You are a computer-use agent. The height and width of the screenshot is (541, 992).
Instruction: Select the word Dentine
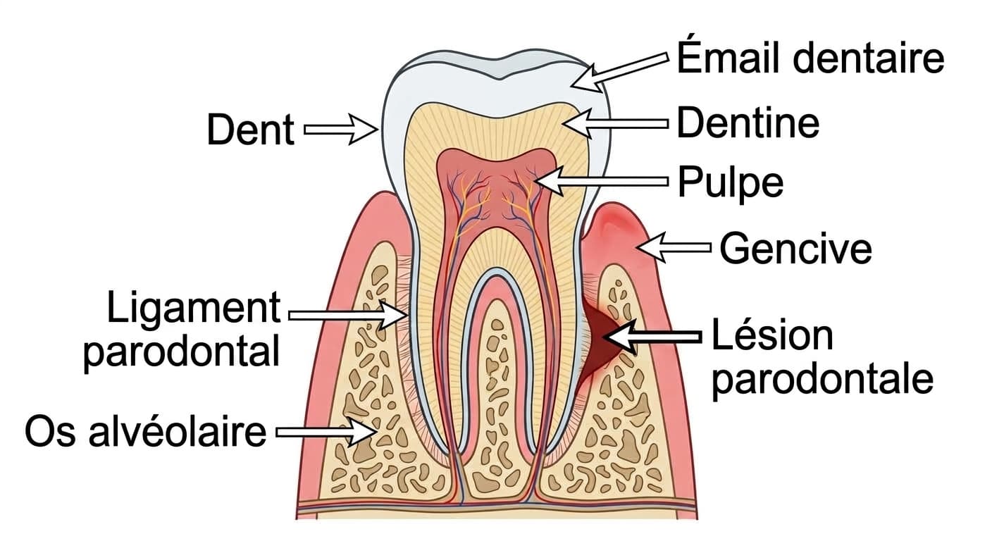[748, 123]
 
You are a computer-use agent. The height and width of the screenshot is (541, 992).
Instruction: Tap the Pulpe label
[731, 183]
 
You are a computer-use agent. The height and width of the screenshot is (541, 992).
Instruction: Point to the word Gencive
[795, 249]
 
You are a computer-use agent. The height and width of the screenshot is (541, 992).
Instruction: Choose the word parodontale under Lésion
[822, 380]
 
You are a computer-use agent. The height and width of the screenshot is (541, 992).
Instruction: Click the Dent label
[250, 130]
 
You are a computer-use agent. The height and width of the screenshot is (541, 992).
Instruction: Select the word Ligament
[194, 309]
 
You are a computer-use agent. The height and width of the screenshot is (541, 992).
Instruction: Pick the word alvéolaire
[177, 431]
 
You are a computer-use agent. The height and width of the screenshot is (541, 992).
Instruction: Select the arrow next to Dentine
[616, 123]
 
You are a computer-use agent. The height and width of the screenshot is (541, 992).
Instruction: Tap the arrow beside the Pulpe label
[602, 181]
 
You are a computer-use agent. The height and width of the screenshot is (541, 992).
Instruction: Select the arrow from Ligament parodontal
[348, 315]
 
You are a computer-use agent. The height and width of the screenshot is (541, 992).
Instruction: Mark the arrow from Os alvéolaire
[327, 432]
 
